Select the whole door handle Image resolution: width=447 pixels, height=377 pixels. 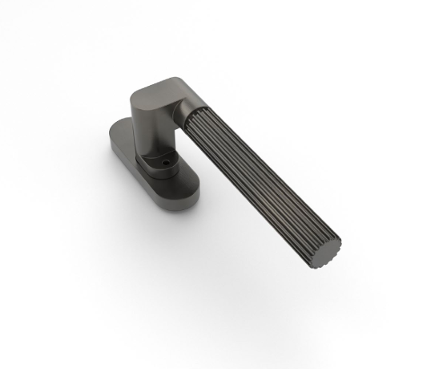[216, 160]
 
